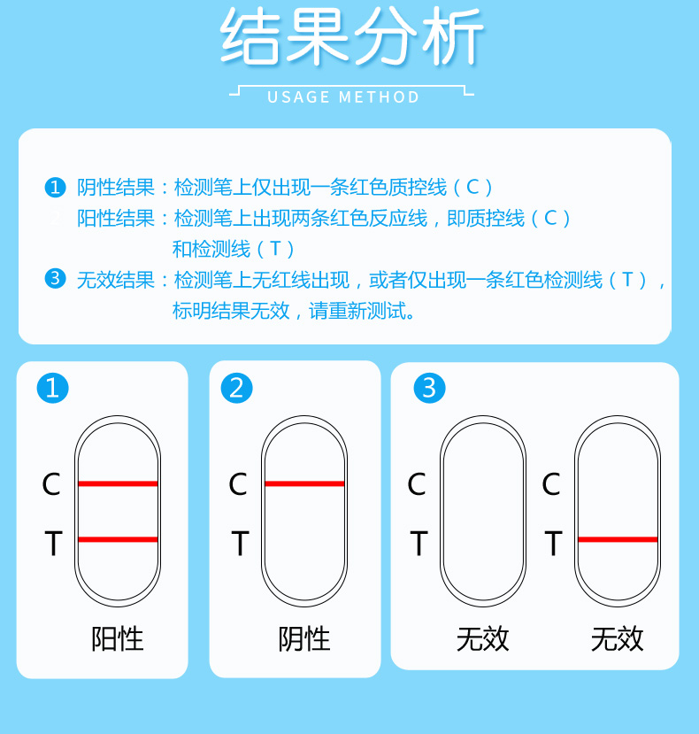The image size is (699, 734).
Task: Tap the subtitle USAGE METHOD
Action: (x=344, y=97)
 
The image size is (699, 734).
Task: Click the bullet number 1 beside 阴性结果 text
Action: (x=55, y=188)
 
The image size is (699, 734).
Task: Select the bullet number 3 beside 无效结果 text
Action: (x=55, y=280)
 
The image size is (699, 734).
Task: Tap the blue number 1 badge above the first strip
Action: (x=53, y=388)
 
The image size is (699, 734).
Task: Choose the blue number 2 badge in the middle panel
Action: (x=237, y=388)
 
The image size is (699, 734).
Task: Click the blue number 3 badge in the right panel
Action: (x=430, y=388)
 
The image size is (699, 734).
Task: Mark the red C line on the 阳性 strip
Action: (x=118, y=483)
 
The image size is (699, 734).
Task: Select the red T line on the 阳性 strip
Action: (x=118, y=539)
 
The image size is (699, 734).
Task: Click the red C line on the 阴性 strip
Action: (x=304, y=483)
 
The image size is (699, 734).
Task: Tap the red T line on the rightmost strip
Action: (x=618, y=539)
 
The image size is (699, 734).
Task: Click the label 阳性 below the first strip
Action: (x=118, y=638)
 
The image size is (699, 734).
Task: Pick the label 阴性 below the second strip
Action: (x=304, y=638)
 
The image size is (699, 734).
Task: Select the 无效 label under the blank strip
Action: (x=483, y=638)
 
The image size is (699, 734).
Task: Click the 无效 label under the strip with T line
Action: (x=618, y=638)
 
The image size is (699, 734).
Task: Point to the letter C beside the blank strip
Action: (x=417, y=485)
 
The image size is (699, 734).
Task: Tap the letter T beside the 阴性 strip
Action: (x=239, y=544)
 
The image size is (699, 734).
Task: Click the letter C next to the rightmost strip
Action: (x=551, y=485)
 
